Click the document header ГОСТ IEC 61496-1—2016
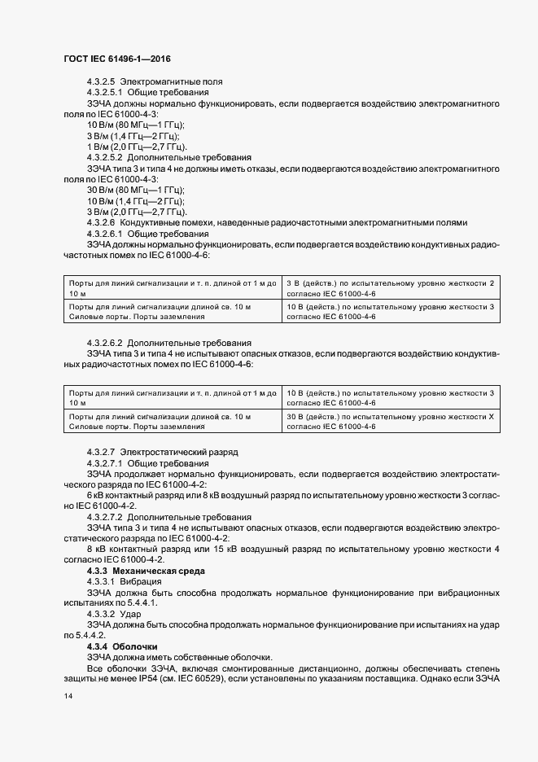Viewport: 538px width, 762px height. coord(116,59)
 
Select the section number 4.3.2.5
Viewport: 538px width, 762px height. coord(100,82)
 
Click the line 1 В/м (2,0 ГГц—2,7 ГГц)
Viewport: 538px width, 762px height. coord(138,146)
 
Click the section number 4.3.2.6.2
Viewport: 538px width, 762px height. coord(105,343)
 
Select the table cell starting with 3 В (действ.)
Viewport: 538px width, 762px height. coord(391,287)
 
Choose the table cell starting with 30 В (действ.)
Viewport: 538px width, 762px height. coord(391,422)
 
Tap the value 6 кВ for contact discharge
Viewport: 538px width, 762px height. coord(96,495)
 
